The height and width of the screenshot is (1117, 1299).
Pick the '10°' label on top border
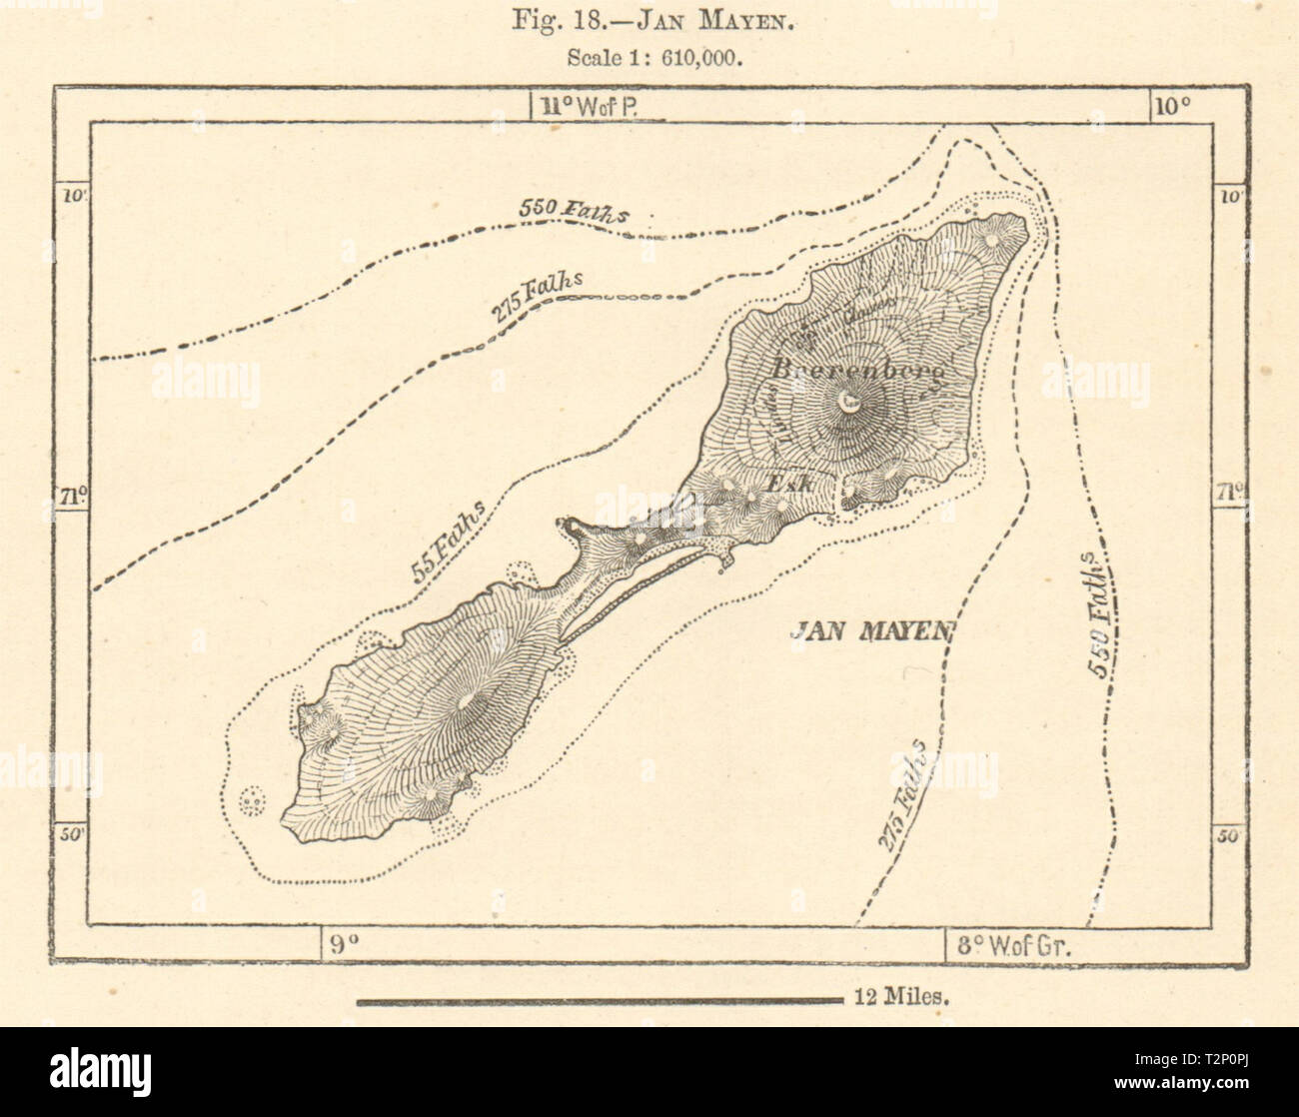click(x=1170, y=106)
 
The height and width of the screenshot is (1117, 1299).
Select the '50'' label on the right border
click(x=1229, y=835)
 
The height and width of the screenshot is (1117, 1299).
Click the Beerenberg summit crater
click(x=850, y=403)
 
